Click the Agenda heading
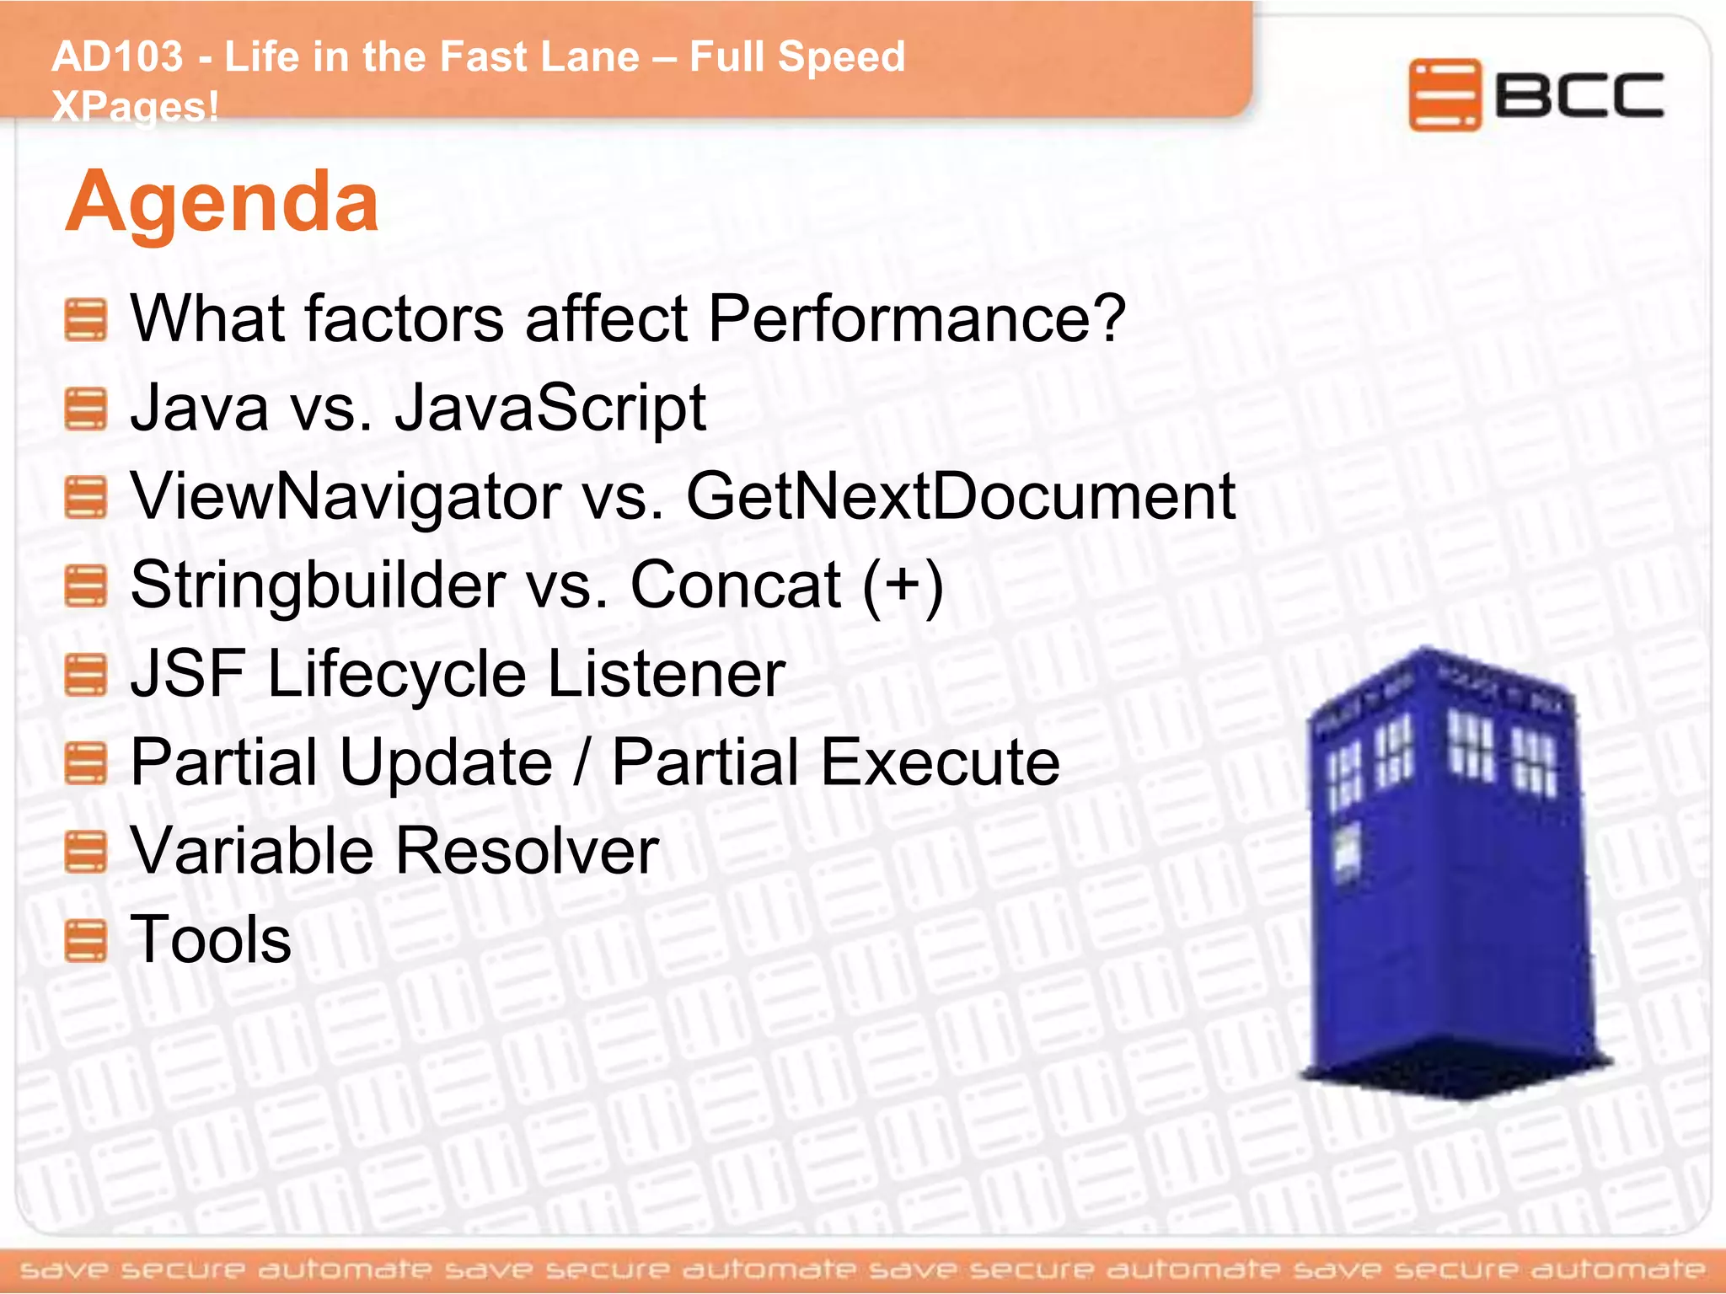(222, 202)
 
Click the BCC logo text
(1579, 95)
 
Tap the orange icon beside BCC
(1444, 95)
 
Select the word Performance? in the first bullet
(916, 318)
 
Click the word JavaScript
(549, 408)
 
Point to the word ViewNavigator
(346, 496)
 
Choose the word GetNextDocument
(961, 496)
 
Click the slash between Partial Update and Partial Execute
(581, 762)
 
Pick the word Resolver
(527, 851)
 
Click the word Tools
(211, 939)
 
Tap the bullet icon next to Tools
(86, 941)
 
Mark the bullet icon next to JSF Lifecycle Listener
(86, 676)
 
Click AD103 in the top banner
(117, 57)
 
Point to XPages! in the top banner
(135, 107)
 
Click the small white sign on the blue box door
(1348, 851)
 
